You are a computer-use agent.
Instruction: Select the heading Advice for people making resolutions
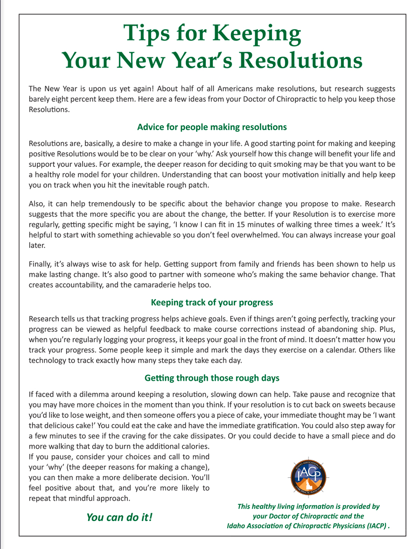click(x=212, y=127)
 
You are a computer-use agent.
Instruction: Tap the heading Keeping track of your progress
click(x=212, y=302)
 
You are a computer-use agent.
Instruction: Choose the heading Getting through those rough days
click(x=212, y=377)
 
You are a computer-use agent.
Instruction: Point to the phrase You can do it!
click(x=119, y=517)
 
